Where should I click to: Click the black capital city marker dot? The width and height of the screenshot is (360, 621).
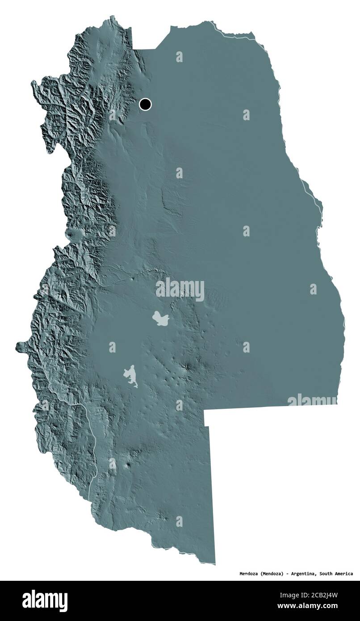145,105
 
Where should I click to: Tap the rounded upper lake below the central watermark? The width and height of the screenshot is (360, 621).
160,319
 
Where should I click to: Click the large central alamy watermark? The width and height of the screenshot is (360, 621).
180,289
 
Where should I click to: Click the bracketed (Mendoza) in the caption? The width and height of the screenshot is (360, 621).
270,574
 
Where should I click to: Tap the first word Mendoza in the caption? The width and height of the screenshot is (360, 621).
247,574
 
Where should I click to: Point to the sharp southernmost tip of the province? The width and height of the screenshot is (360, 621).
215,564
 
